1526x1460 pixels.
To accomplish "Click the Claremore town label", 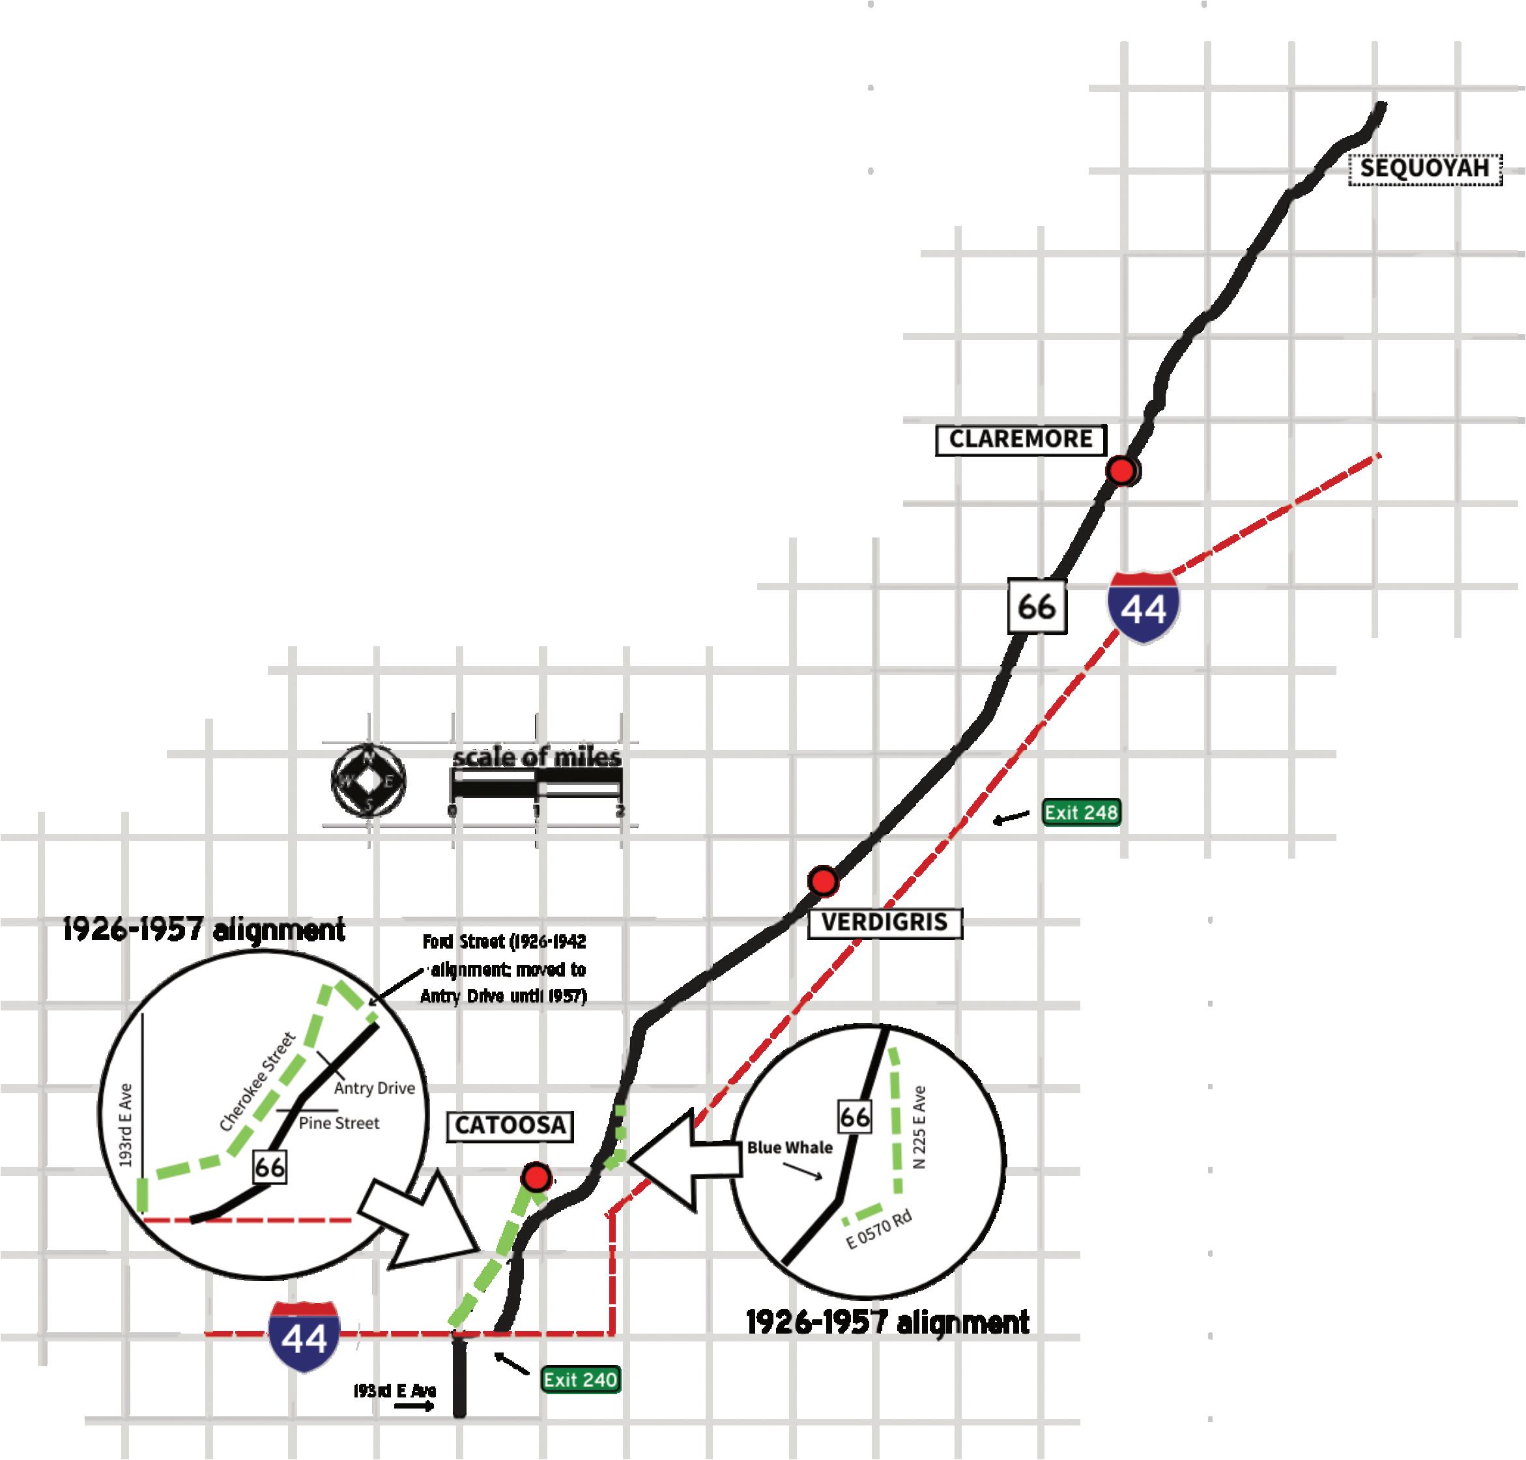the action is pyautogui.click(x=1020, y=440).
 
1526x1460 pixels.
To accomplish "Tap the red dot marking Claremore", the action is pyautogui.click(x=1121, y=471).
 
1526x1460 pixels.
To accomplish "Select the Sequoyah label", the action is pyautogui.click(x=1424, y=169).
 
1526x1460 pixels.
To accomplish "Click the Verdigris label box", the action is pyautogui.click(x=885, y=923).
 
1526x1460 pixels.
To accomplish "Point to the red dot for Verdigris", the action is pyautogui.click(x=822, y=881).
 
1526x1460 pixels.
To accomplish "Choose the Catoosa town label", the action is pyautogui.click(x=510, y=1125).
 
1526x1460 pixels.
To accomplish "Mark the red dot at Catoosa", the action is pyautogui.click(x=536, y=1177).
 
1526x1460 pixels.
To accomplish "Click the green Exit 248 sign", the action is pyautogui.click(x=1081, y=812).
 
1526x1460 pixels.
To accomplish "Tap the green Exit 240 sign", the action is pyautogui.click(x=581, y=1380).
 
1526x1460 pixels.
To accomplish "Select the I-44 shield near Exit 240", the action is pyautogui.click(x=304, y=1336).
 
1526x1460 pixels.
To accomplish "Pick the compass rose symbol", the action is pyautogui.click(x=369, y=780).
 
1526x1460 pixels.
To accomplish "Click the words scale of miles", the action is pyautogui.click(x=537, y=757).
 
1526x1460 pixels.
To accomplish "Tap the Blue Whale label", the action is pyautogui.click(x=789, y=1147).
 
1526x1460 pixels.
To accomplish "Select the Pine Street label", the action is pyautogui.click(x=339, y=1123).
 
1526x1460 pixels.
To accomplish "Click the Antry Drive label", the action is pyautogui.click(x=374, y=1088).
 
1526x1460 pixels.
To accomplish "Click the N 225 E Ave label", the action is pyautogui.click(x=921, y=1127).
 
